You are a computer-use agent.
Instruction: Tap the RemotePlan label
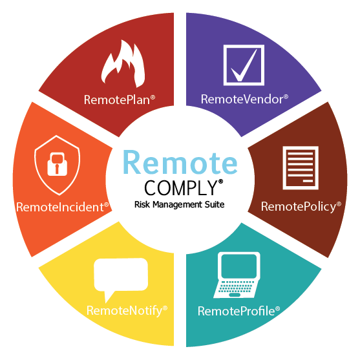120,100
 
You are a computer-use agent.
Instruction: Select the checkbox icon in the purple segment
244,65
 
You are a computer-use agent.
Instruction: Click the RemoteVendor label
244,99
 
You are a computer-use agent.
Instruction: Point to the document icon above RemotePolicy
301,168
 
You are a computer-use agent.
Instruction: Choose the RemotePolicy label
301,207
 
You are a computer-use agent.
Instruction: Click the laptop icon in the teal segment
237,275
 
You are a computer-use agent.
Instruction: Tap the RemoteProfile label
239,311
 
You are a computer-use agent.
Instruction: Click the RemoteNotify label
127,311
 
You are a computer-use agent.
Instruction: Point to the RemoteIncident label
63,207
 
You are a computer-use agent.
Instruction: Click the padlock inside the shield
57,164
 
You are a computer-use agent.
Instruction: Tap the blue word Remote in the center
180,162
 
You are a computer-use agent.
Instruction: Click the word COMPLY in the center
181,188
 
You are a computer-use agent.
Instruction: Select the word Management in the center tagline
178,205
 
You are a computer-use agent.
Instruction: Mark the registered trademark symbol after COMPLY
220,182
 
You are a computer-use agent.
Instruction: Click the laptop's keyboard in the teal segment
237,286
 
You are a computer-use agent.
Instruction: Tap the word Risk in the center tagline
142,204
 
